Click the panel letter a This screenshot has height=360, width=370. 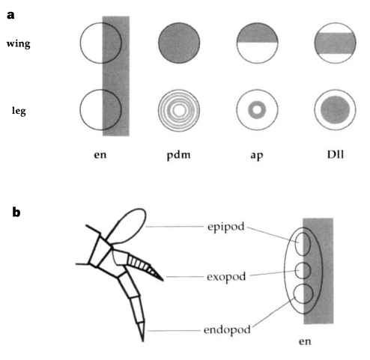(10, 15)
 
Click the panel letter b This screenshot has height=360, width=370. (16, 213)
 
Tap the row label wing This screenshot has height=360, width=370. (19, 44)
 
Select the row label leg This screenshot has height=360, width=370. (19, 111)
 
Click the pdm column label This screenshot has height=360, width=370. (178, 155)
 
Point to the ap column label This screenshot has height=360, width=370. (257, 156)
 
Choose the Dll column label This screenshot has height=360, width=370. (336, 154)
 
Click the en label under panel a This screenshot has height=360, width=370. (100, 155)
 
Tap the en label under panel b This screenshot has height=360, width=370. (305, 341)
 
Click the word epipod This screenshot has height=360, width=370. (226, 227)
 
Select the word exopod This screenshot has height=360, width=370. (226, 277)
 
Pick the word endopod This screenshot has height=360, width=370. (227, 330)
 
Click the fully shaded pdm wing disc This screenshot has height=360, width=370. (179, 43)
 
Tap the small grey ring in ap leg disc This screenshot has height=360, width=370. (257, 110)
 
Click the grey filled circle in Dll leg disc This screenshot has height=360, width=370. (336, 110)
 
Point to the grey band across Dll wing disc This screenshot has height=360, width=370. (336, 43)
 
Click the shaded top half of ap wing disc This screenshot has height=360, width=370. (257, 33)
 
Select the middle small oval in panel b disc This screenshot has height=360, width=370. (303, 271)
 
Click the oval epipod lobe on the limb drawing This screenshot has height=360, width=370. (126, 226)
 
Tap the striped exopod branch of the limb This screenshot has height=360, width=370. (144, 266)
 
